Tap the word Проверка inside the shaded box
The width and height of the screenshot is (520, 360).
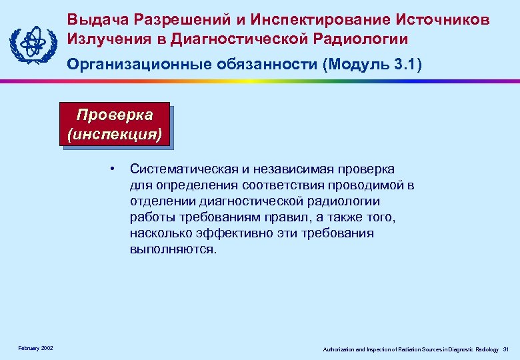(x=114, y=114)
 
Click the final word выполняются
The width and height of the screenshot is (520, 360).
(x=173, y=249)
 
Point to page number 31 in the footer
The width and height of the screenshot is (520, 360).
(x=505, y=349)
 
